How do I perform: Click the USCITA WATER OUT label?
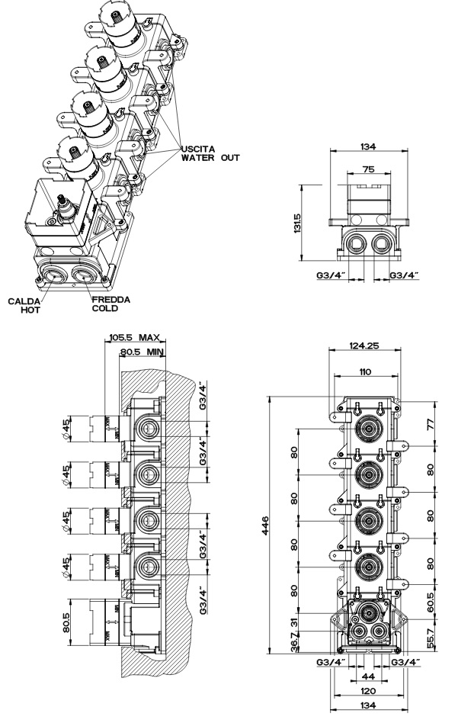click(210, 153)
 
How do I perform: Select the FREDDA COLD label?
click(110, 304)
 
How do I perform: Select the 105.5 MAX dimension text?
click(135, 337)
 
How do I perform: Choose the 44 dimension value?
click(368, 676)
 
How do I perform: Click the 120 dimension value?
click(368, 691)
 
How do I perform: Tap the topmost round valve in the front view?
click(369, 430)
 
